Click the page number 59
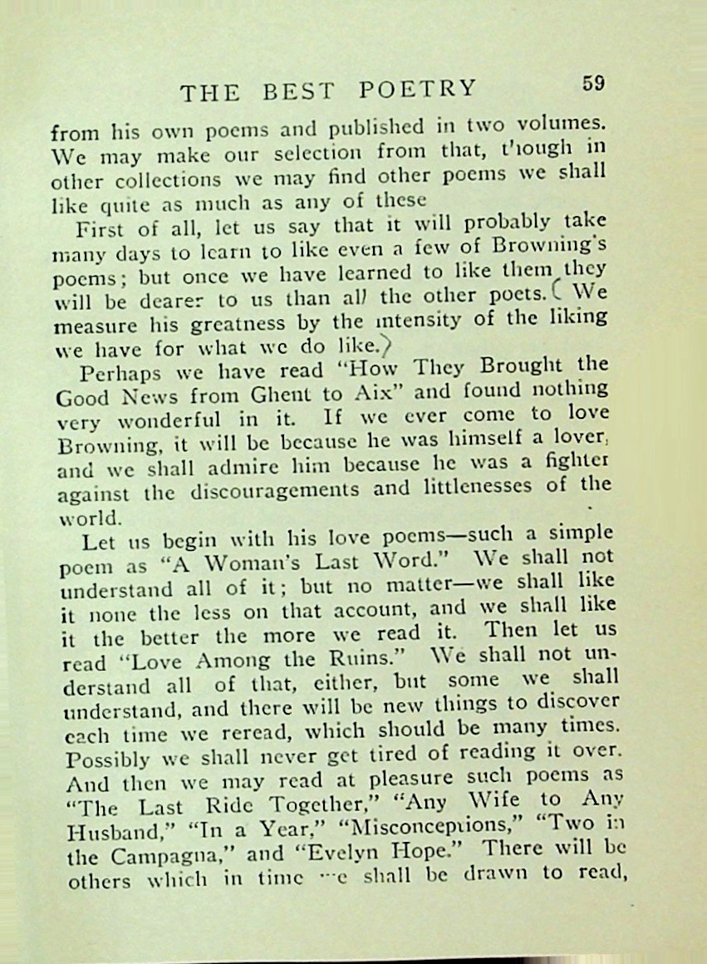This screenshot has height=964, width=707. point(594,83)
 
